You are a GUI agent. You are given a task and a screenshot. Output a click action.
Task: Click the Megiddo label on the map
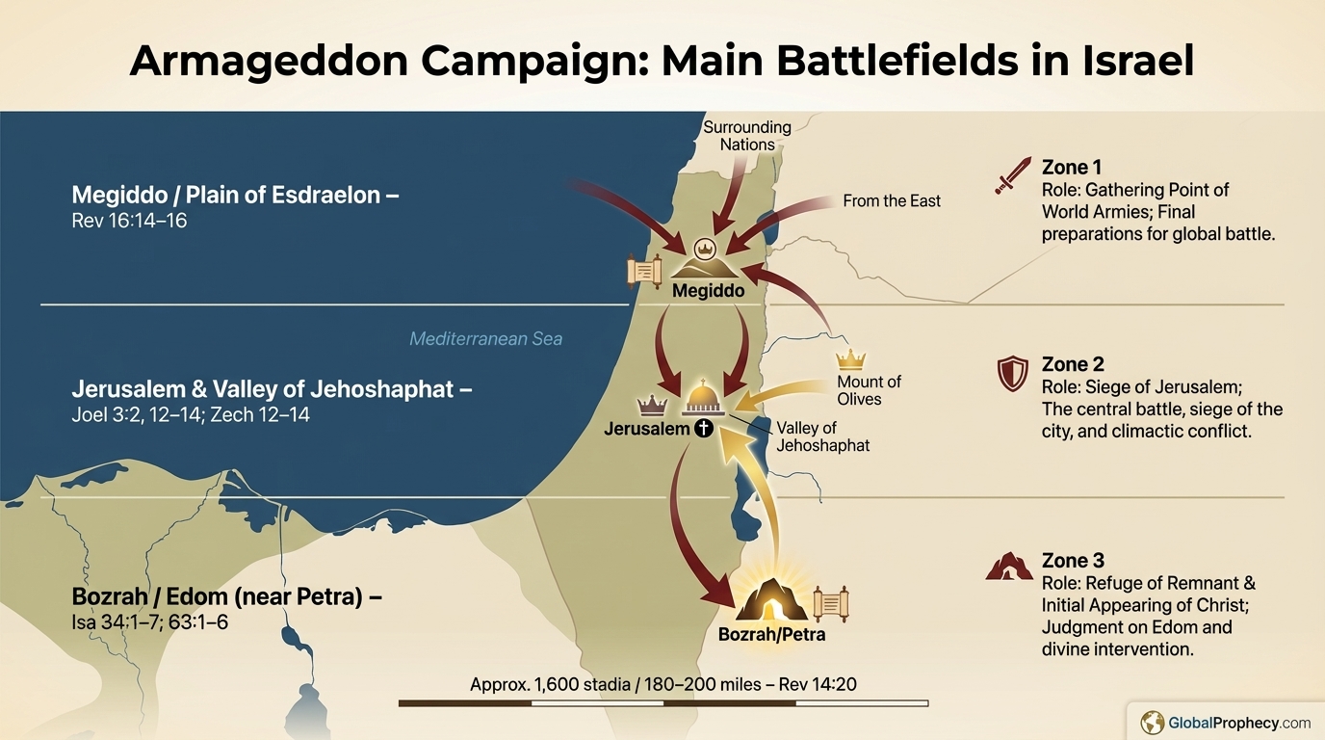coord(708,290)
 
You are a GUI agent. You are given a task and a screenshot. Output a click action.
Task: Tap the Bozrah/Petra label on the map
coord(771,635)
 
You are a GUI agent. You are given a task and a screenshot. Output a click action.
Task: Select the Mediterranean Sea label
coord(485,339)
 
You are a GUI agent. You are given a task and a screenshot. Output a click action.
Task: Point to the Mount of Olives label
coord(869,391)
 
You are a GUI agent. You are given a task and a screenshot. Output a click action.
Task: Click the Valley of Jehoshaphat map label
coord(822,436)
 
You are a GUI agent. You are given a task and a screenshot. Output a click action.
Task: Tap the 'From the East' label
coord(891,201)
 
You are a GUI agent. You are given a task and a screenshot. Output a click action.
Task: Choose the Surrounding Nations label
coord(747,136)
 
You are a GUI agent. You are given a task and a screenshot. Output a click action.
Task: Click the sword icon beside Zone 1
coord(1012,176)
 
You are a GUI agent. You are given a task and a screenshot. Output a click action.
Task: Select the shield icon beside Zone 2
coord(1012,374)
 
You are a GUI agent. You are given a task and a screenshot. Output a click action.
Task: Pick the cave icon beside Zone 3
coord(1009,566)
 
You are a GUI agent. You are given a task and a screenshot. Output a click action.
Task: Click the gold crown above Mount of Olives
coord(850,360)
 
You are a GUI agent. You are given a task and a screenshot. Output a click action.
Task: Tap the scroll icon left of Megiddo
coord(643,272)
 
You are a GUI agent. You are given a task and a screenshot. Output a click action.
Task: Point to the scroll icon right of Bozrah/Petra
coord(830,604)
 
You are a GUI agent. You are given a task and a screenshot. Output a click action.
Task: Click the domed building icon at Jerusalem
coord(703,398)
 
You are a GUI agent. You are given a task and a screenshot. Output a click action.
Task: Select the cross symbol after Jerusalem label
coord(704,429)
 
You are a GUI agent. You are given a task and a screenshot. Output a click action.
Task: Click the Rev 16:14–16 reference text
coord(129,221)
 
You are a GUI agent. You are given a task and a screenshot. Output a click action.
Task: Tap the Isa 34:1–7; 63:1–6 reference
coord(149,622)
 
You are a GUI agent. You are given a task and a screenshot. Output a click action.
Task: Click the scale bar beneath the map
coord(662,703)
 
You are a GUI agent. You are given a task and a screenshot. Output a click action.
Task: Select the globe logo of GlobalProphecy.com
coord(1152,722)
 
